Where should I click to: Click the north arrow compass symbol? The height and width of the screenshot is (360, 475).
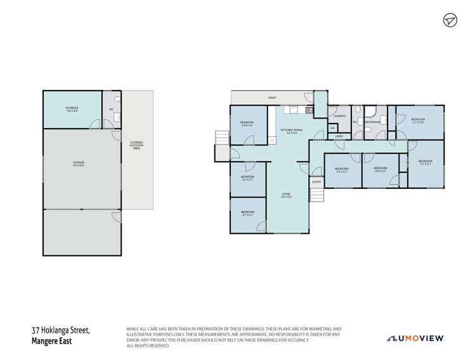(x=449, y=20)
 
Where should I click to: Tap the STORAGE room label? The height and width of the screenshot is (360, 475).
(x=72, y=110)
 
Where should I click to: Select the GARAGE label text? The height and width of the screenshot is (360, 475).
(x=78, y=164)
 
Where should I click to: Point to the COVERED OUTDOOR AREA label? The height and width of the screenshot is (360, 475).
(x=137, y=145)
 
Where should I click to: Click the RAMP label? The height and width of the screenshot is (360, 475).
(x=272, y=98)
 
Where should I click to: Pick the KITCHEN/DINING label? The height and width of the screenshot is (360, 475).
(x=292, y=131)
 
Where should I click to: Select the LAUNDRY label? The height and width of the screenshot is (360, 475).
(x=339, y=116)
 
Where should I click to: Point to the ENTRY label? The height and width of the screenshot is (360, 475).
(x=316, y=183)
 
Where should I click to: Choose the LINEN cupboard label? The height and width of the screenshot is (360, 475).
(x=339, y=136)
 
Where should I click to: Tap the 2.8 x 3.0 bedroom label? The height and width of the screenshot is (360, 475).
(x=247, y=124)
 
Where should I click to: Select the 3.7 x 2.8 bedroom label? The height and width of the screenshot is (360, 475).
(x=417, y=120)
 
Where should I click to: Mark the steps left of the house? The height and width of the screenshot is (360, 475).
(x=220, y=138)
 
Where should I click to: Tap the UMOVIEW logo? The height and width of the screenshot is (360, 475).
(x=415, y=337)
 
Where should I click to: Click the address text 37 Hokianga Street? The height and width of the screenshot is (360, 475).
(x=62, y=330)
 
